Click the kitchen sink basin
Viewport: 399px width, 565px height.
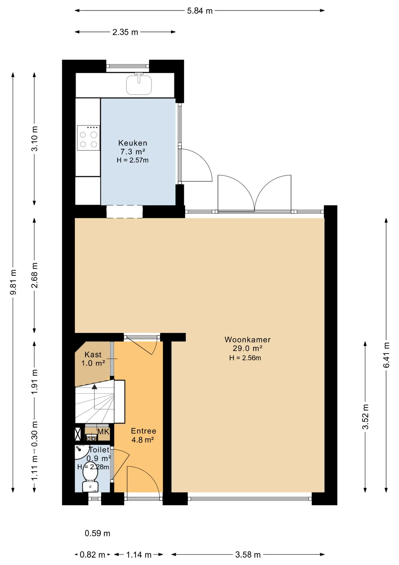click(x=139, y=85)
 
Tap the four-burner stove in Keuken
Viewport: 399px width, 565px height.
click(x=88, y=138)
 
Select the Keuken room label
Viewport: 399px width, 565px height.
click(x=133, y=143)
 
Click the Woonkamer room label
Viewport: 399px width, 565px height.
click(x=248, y=340)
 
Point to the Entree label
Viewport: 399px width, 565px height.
click(x=144, y=431)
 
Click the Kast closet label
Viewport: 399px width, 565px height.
click(x=93, y=355)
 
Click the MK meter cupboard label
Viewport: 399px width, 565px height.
click(x=103, y=432)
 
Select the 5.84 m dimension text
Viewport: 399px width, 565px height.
click(x=200, y=11)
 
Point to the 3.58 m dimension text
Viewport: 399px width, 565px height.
click(x=248, y=555)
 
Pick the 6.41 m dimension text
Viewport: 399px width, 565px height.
click(x=386, y=355)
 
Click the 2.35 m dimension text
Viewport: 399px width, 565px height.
click(x=125, y=32)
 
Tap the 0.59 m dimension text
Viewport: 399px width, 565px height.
click(x=98, y=533)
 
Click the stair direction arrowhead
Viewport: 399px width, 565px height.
click(x=94, y=387)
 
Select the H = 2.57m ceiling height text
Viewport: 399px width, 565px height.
click(x=133, y=160)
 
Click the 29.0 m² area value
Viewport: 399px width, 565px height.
click(x=247, y=348)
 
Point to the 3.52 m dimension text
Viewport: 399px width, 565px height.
click(x=365, y=417)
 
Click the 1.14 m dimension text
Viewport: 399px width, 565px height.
click(x=139, y=555)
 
